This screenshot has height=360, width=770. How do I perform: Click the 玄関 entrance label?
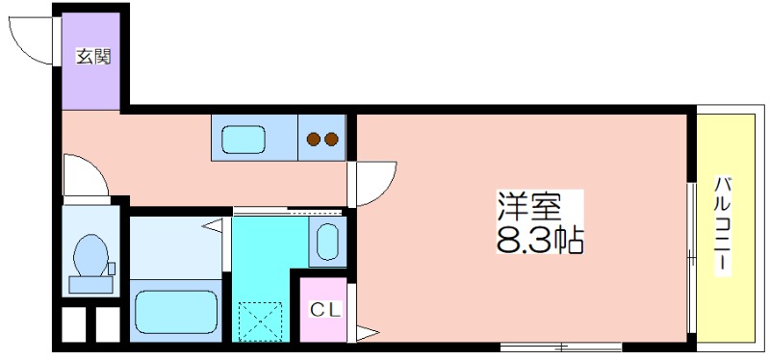93,57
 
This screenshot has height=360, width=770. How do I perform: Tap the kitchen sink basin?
244,139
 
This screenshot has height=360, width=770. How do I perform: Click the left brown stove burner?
315,140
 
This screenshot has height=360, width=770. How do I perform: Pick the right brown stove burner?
331,140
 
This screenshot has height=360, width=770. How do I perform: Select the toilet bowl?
90,255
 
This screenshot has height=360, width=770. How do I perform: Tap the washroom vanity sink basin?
327,242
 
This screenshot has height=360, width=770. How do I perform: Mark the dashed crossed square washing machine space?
260,321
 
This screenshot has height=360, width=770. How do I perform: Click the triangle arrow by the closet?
367,332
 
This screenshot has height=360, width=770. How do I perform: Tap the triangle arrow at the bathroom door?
213,226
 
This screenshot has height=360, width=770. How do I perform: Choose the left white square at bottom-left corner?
73,324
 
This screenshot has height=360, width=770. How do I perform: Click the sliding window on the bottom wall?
561,347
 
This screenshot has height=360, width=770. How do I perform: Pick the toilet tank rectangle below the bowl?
90,284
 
